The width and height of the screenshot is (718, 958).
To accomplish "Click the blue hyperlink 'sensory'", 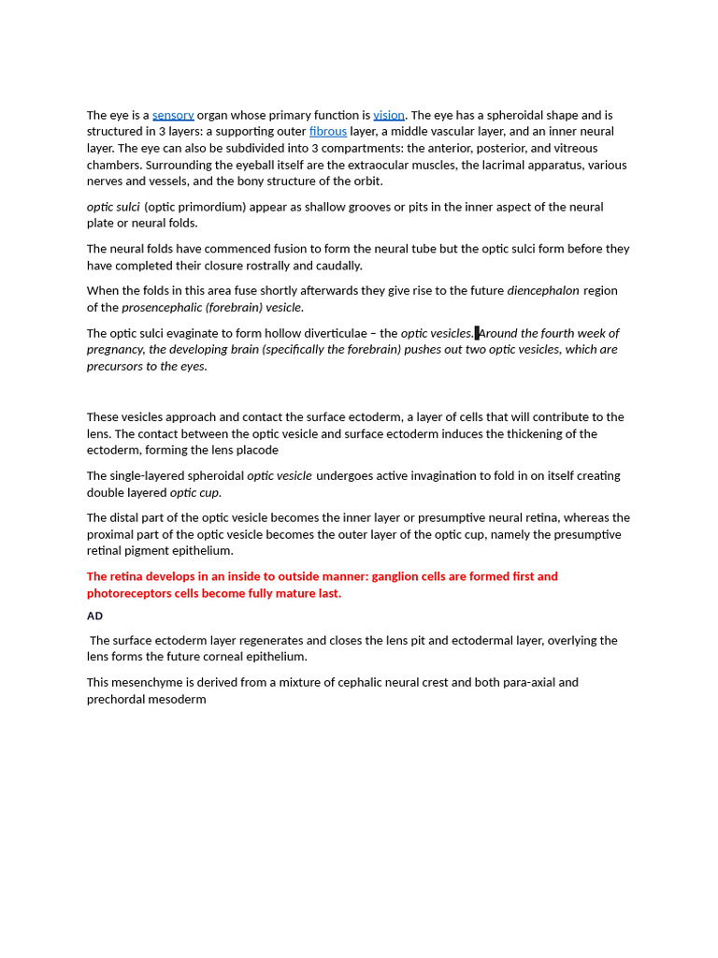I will pos(173,115).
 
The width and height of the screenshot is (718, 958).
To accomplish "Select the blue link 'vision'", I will pos(389,115).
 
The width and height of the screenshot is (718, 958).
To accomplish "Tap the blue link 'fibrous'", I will pos(328,132).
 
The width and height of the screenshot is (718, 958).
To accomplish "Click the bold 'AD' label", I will pos(94,616).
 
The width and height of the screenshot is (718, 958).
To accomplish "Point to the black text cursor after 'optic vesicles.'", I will pos(477,333).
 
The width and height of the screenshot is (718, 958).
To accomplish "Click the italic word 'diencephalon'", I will pos(543,291).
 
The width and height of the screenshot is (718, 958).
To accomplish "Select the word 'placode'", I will pos(256,450).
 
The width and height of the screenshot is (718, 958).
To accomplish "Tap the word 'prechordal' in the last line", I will pos(116,699).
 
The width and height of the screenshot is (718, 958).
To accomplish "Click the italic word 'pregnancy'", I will pos(115,349).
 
